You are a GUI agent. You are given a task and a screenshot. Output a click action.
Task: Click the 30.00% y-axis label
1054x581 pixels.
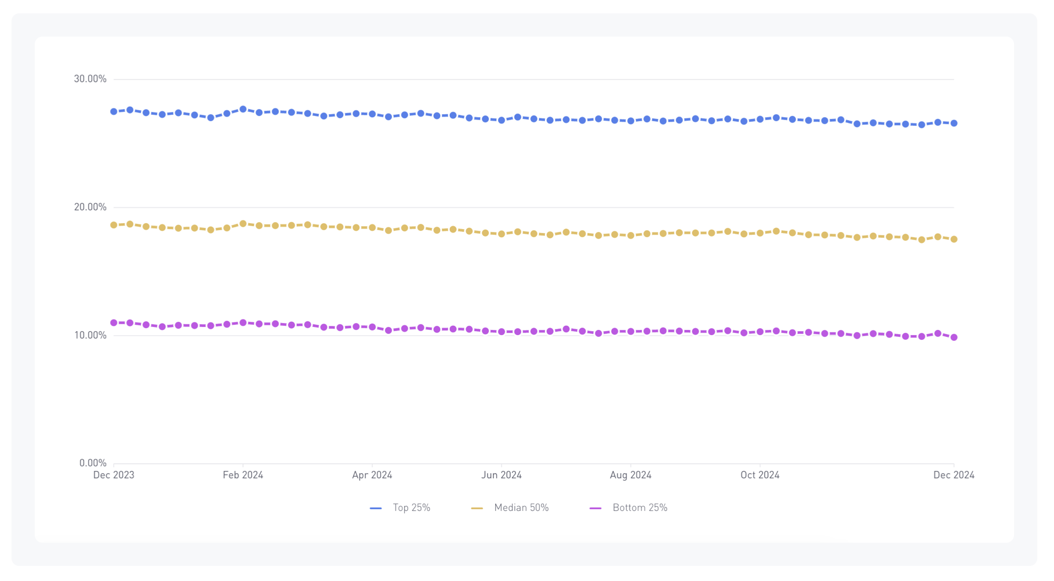pyautogui.click(x=90, y=79)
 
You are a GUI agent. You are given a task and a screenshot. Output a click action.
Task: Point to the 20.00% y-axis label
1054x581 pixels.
pyautogui.click(x=90, y=207)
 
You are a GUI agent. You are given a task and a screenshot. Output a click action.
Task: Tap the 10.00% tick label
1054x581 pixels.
pyautogui.click(x=90, y=335)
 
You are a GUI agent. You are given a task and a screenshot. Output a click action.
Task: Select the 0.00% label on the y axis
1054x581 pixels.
pyautogui.click(x=93, y=463)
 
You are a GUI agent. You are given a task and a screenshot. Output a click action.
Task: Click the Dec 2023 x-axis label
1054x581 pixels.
pyautogui.click(x=114, y=475)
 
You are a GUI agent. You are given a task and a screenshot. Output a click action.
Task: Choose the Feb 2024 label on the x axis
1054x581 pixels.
pyautogui.click(x=243, y=475)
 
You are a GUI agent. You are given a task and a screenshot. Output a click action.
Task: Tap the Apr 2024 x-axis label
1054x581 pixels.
pyautogui.click(x=372, y=475)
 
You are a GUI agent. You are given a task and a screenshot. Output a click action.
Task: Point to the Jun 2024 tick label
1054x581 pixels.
pyautogui.click(x=501, y=475)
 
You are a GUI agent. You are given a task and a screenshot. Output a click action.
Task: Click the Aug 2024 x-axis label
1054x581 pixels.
pyautogui.click(x=631, y=475)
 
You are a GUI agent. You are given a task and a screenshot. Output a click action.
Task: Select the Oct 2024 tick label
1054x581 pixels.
pyautogui.click(x=760, y=475)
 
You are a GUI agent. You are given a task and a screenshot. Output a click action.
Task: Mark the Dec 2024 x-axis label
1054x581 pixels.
pyautogui.click(x=954, y=475)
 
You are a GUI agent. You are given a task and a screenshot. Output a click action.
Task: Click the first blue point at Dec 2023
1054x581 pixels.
pyautogui.click(x=114, y=111)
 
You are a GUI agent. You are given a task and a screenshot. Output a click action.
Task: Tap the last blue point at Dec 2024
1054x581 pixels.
pyautogui.click(x=954, y=124)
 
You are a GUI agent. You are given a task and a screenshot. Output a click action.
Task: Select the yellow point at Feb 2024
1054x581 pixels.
pyautogui.click(x=243, y=224)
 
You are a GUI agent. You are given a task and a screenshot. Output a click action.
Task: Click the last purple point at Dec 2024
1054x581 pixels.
pyautogui.click(x=954, y=337)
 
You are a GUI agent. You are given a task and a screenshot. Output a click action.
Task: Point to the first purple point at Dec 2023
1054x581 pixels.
pyautogui.click(x=114, y=323)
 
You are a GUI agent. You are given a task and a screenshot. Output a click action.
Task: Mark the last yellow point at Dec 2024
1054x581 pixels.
pyautogui.click(x=954, y=239)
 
